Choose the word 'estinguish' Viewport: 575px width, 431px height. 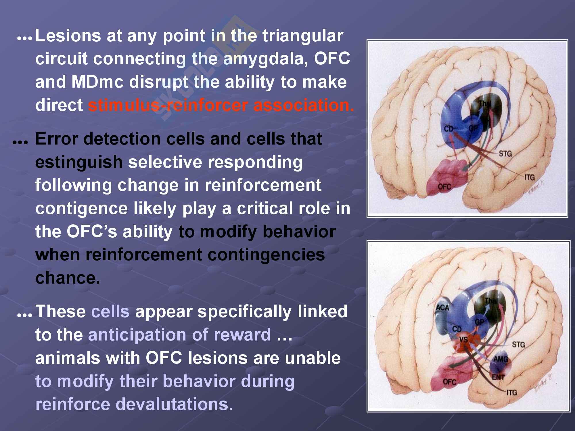[x=79, y=162]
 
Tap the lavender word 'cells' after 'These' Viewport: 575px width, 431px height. [x=110, y=311]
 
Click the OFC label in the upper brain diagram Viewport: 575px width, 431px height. [x=444, y=187]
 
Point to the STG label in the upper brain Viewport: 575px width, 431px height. [x=505, y=154]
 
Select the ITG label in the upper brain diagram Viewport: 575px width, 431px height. [x=529, y=177]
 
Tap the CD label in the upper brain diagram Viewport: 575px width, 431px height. [x=448, y=128]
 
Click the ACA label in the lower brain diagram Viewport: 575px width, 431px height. [x=442, y=308]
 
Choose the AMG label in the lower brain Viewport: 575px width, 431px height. [x=501, y=359]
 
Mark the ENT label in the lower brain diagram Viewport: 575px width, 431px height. [x=498, y=377]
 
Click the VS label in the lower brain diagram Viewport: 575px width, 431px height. [x=463, y=340]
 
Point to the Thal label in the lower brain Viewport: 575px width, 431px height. [x=491, y=301]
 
